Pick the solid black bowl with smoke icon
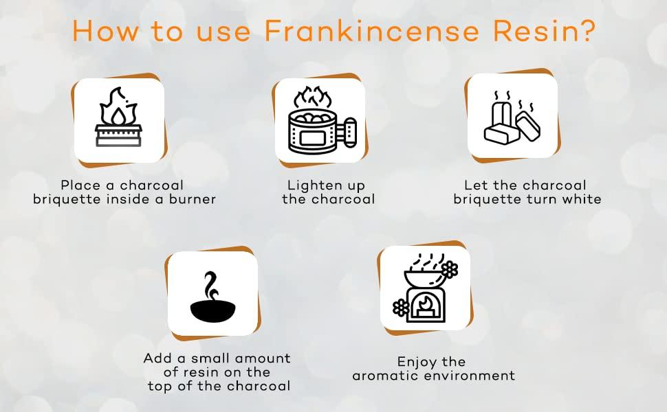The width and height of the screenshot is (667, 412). [212, 295]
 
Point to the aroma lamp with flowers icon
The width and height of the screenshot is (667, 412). [424, 288]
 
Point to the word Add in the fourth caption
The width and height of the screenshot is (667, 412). [157, 358]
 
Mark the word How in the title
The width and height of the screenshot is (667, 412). [100, 31]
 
